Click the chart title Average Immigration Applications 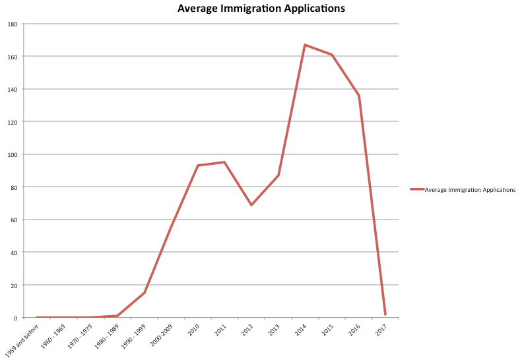pyautogui.click(x=261, y=9)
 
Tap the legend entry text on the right pyautogui.click(x=470, y=190)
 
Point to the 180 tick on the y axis pyautogui.click(x=13, y=24)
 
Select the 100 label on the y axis pyautogui.click(x=13, y=154)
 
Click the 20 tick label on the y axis pyautogui.click(x=14, y=285)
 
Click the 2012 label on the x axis pyautogui.click(x=246, y=329)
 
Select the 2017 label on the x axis pyautogui.click(x=380, y=329)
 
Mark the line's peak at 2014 pyautogui.click(x=305, y=45)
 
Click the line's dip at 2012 pyautogui.click(x=251, y=205)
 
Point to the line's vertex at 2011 pyautogui.click(x=224, y=162)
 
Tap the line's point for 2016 pyautogui.click(x=358, y=96)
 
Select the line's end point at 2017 pyautogui.click(x=385, y=315)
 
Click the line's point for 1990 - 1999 pyautogui.click(x=144, y=293)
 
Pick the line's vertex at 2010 pyautogui.click(x=198, y=165)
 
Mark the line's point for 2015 pyautogui.click(x=332, y=55)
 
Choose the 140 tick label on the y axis pyautogui.click(x=13, y=89)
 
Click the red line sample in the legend pyautogui.click(x=416, y=190)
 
